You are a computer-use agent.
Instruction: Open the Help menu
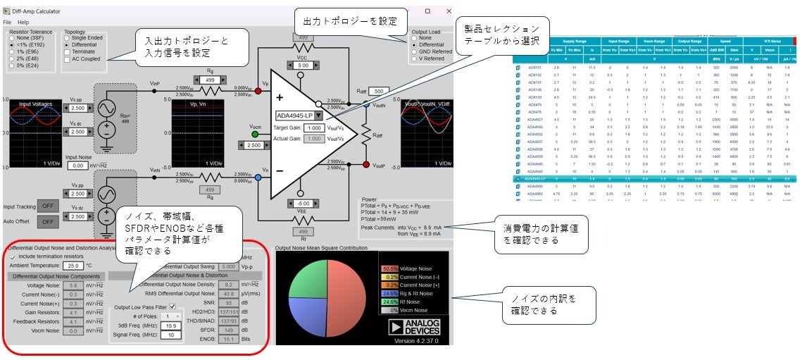pos(23,23)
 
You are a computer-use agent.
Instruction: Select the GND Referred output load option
pos(415,51)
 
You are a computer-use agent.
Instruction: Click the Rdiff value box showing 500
pos(377,92)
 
